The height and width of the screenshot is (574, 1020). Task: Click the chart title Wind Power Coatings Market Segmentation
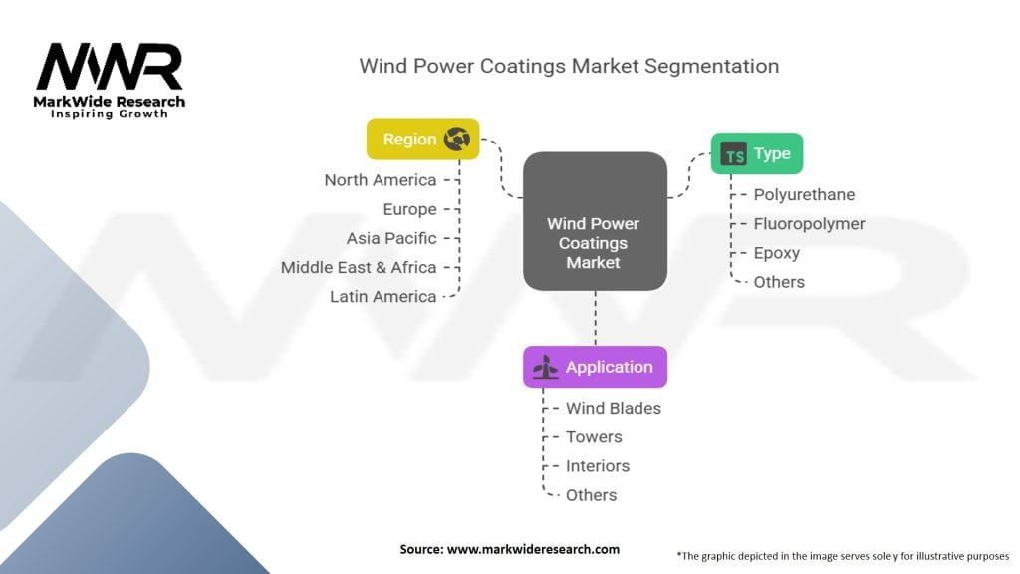coord(569,66)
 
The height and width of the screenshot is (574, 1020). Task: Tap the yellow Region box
coord(422,140)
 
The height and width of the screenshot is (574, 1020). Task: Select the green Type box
coord(756,154)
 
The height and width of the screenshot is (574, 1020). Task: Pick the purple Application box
coord(595,367)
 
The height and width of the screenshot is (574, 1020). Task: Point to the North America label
coord(381,180)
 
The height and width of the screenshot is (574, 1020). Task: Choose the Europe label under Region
coord(409,209)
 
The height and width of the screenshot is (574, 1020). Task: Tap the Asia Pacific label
coord(391,238)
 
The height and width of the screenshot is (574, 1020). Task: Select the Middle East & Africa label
coord(359,267)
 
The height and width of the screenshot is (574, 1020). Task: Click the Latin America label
coord(383,296)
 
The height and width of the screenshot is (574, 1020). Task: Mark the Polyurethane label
coord(804,195)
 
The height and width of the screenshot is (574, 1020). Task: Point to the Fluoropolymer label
coord(809,224)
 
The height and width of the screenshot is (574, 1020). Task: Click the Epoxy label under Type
coord(776,253)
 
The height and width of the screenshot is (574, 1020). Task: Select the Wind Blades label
coord(613,408)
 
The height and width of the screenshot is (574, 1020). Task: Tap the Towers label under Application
coord(594,436)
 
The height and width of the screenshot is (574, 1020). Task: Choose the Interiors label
coord(598,465)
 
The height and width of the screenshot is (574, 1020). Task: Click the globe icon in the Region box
coord(457,140)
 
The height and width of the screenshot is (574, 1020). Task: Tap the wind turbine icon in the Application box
coord(545,368)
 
